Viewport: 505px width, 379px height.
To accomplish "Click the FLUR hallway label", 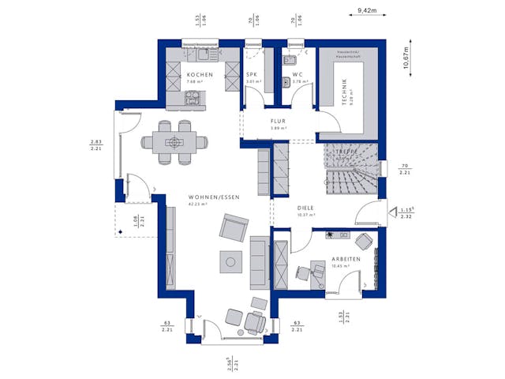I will coord(277,122).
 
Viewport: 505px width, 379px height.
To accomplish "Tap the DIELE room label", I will coord(305,208).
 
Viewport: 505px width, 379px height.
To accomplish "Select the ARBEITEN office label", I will coord(346,259).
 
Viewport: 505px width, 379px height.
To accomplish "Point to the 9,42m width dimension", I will coord(367,9).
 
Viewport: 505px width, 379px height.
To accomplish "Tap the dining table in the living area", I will coord(174,142).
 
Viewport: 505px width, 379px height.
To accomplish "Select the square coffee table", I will coord(231,261).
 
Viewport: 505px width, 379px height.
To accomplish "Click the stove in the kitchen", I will coord(193,98).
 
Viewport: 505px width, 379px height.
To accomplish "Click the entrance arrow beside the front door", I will coord(392,211).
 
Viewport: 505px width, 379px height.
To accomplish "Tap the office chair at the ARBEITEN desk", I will coord(363,241).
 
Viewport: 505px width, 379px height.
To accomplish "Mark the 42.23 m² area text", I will coord(196,205).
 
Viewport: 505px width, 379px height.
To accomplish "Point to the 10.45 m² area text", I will coord(341,266).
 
